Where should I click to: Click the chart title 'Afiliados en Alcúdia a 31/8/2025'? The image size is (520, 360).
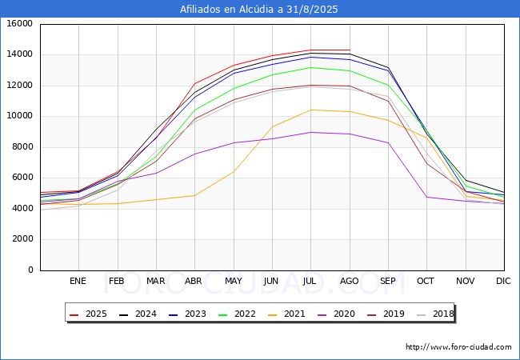258,10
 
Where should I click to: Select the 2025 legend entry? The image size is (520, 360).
89,314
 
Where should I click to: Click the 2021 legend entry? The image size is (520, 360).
286,314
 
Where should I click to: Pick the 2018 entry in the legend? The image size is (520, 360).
435,314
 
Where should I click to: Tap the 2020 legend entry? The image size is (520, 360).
336,314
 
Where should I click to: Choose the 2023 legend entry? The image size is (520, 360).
187,314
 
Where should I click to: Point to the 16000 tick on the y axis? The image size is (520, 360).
19,23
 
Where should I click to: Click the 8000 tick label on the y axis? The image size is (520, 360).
22,147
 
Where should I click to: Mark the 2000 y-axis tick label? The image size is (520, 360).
22,239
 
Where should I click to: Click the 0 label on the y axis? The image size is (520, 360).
30,270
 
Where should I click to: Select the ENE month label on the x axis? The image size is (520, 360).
78,281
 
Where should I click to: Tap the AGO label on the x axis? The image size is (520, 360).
350,281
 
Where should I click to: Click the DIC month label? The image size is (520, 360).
503,281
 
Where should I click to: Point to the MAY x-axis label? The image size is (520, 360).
234,281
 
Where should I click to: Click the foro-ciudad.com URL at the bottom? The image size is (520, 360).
458,347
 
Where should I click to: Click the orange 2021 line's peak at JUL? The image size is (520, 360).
310,110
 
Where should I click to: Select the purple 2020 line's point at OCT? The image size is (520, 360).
427,198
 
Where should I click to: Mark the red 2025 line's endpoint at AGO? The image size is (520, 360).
350,50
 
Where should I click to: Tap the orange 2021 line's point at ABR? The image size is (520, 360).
194,195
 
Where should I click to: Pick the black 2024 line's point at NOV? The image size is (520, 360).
466,181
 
